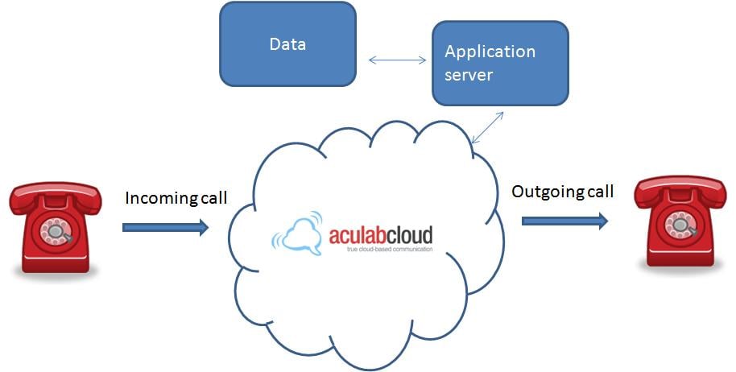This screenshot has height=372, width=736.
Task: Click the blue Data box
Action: (x=287, y=44)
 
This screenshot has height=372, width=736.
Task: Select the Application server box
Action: (x=500, y=63)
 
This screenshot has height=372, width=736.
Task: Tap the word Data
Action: (x=287, y=43)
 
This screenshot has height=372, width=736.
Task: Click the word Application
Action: (x=490, y=52)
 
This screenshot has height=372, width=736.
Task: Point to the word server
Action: (x=469, y=75)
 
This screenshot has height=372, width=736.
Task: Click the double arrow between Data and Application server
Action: (x=397, y=60)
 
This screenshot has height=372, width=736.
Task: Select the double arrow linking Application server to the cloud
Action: (x=487, y=127)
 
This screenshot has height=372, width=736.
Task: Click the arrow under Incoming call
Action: (x=165, y=228)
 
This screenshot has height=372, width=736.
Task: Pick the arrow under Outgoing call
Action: (x=564, y=221)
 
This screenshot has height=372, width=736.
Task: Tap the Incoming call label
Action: (x=176, y=198)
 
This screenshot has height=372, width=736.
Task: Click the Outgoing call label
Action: (x=563, y=192)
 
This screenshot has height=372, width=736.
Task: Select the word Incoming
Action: (x=159, y=198)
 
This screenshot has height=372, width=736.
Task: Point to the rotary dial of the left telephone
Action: (x=57, y=230)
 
